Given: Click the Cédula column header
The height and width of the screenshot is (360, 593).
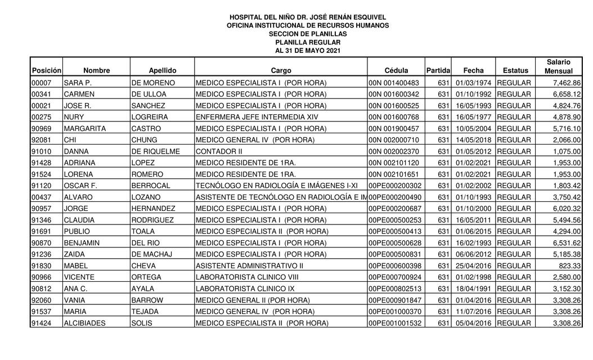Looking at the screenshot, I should (x=396, y=71).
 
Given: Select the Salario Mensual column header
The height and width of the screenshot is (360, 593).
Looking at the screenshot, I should (x=558, y=66).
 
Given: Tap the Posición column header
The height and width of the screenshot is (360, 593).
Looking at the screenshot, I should (x=46, y=71).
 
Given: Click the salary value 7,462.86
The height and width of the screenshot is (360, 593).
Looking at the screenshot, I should (x=567, y=83).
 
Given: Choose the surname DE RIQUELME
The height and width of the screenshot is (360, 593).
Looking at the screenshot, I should (x=155, y=151).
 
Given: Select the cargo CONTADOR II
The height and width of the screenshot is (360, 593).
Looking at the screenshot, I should (x=219, y=151).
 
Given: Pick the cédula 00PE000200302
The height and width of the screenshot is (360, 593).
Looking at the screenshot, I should (x=395, y=186).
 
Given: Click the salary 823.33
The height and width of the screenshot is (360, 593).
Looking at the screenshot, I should (x=570, y=265).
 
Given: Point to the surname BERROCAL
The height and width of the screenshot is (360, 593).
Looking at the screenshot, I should (x=150, y=186).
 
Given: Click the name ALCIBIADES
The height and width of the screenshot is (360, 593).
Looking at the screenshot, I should (x=84, y=323).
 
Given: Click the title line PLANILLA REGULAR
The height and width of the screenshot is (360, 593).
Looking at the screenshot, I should (x=308, y=42).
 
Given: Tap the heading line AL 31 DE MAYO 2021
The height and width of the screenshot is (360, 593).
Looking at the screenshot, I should (x=308, y=51).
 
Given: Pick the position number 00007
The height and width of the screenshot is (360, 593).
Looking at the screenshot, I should (x=42, y=83).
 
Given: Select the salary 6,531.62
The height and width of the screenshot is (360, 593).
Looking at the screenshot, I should (x=567, y=243).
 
